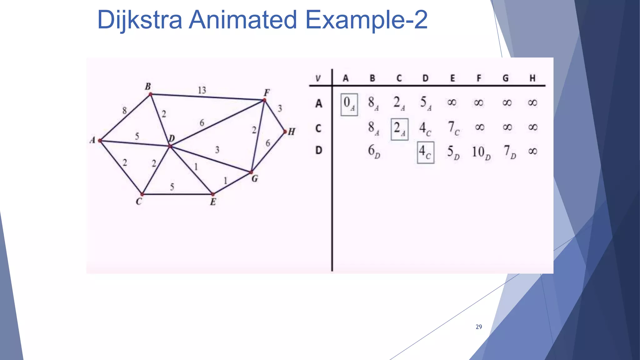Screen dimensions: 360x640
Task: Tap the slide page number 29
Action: point(478,327)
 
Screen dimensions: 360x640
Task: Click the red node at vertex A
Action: point(100,141)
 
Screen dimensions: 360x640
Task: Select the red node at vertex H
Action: point(285,132)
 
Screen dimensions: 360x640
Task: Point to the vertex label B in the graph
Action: point(148,86)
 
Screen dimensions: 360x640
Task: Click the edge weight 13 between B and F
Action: point(202,90)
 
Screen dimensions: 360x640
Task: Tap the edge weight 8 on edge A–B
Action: point(124,110)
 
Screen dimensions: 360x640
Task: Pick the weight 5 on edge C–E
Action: point(172,187)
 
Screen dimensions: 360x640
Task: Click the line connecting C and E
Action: point(187,194)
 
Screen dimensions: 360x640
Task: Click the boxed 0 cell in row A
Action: point(349,104)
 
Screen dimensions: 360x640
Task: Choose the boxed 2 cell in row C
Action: point(399,129)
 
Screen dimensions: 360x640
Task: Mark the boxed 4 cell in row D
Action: point(425,152)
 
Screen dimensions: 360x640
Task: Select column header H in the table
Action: point(532,78)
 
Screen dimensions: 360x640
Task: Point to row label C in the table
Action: point(318,128)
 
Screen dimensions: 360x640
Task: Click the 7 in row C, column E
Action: point(453,128)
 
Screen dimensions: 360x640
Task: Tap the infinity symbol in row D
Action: point(532,152)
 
